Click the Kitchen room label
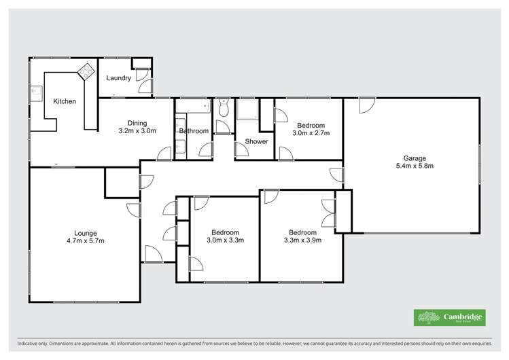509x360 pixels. click(x=65, y=102)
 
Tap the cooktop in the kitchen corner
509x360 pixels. click(x=86, y=69)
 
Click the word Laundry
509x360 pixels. click(x=118, y=78)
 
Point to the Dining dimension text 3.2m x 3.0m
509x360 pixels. click(x=137, y=131)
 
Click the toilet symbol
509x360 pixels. click(x=223, y=108)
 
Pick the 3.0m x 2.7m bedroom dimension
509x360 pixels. click(x=311, y=133)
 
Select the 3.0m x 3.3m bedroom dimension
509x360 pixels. click(x=225, y=240)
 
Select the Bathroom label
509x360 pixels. click(x=194, y=131)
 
